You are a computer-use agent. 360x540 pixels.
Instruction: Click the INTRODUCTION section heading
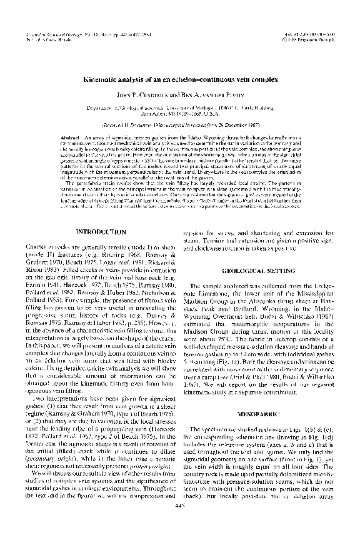[x=101, y=232]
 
